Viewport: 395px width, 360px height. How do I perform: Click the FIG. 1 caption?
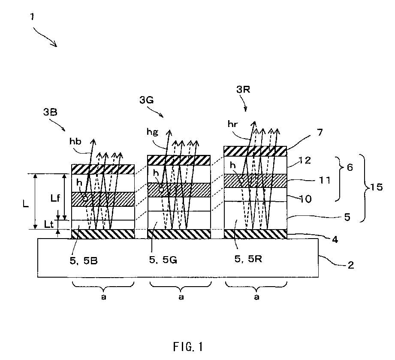coord(188,347)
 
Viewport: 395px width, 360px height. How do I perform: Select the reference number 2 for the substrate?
coord(351,265)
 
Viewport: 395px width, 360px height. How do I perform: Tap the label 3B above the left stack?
coord(50,112)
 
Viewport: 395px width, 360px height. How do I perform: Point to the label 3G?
coord(147,100)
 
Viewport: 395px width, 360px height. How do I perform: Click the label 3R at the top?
coord(243,89)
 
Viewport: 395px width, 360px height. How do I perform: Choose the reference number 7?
coord(320,132)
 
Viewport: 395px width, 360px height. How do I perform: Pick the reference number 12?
coord(305,160)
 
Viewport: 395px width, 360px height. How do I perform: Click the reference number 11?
coord(325,180)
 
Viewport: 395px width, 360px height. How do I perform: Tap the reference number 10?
coord(305,199)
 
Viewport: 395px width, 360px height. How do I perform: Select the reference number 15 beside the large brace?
coord(377,187)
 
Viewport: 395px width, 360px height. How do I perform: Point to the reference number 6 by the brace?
coord(350,167)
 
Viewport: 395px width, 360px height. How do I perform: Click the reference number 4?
coord(335,239)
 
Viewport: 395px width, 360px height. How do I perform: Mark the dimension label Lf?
coord(55,198)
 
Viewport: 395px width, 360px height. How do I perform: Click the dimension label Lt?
coord(49,224)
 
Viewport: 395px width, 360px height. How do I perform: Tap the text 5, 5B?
coord(84,261)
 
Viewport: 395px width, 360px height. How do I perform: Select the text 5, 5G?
coord(163,260)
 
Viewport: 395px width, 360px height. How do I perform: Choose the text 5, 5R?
coord(248,259)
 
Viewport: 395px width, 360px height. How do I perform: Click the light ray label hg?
coord(153,132)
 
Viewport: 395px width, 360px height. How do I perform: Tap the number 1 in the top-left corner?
coord(32,17)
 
